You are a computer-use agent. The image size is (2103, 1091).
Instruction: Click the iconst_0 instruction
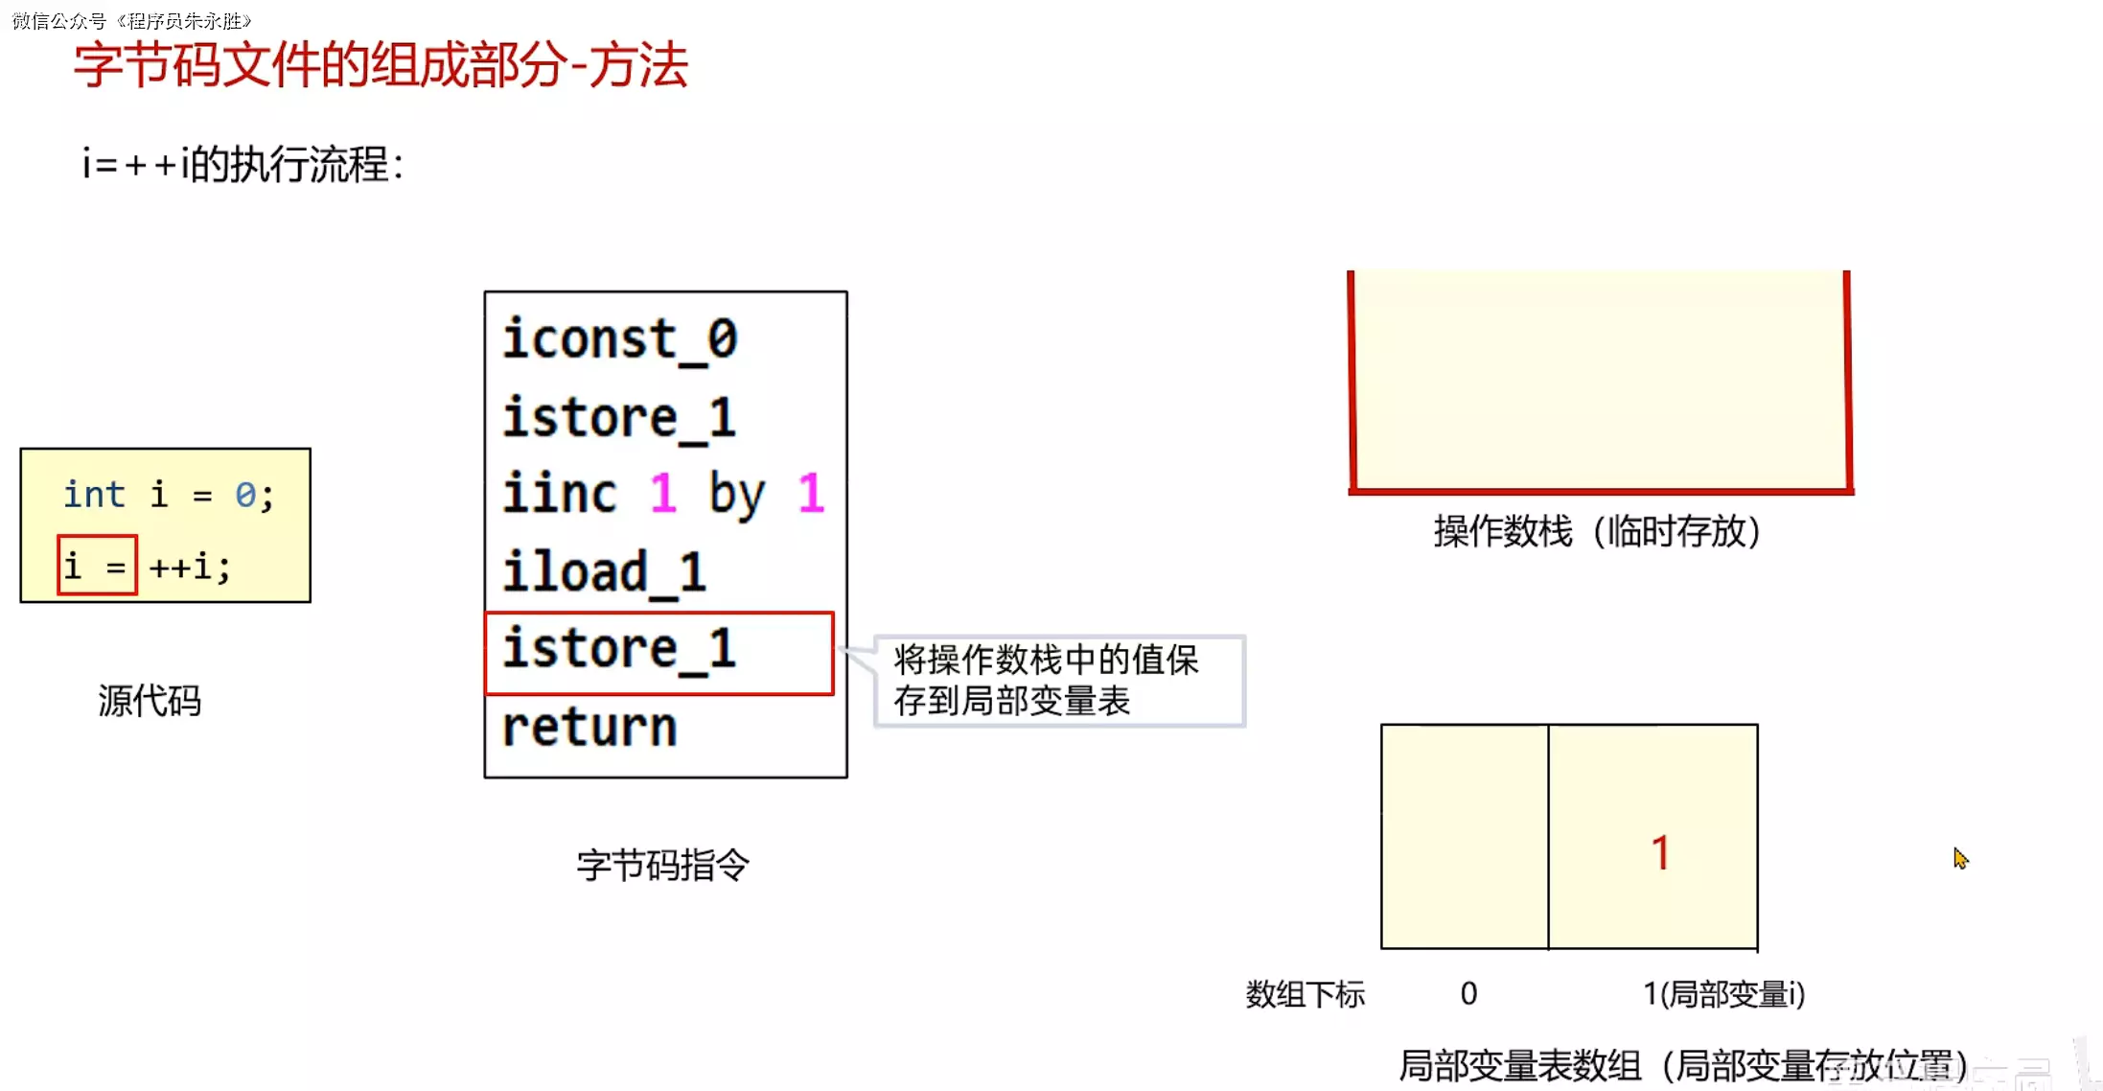point(620,339)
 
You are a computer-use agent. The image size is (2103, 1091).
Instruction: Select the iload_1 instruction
point(605,572)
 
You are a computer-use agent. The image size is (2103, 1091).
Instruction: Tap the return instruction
point(589,727)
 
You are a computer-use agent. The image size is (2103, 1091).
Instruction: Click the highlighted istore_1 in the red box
point(619,650)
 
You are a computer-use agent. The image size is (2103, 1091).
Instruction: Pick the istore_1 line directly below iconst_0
point(619,418)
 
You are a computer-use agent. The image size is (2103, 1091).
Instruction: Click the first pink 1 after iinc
point(662,494)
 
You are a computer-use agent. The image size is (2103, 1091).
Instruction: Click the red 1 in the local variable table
point(1661,852)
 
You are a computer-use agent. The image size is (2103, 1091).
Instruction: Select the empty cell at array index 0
point(1464,837)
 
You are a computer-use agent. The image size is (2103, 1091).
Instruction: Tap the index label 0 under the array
point(1468,993)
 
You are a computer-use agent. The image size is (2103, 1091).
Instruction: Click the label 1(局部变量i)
point(1723,994)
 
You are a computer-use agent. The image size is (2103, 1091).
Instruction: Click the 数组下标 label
point(1305,994)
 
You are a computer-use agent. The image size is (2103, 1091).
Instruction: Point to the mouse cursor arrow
point(1960,858)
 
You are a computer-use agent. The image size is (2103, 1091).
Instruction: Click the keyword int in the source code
point(94,495)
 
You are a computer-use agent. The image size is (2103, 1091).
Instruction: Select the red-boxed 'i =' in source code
point(97,566)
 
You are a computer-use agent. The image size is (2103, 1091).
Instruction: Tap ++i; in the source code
point(190,567)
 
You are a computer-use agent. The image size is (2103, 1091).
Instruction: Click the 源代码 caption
point(150,701)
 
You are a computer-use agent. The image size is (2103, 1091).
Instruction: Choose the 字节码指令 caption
point(662,866)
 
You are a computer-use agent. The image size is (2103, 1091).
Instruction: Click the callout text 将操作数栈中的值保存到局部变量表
point(1045,680)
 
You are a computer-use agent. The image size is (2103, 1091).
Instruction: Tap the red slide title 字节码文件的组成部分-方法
point(381,65)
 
